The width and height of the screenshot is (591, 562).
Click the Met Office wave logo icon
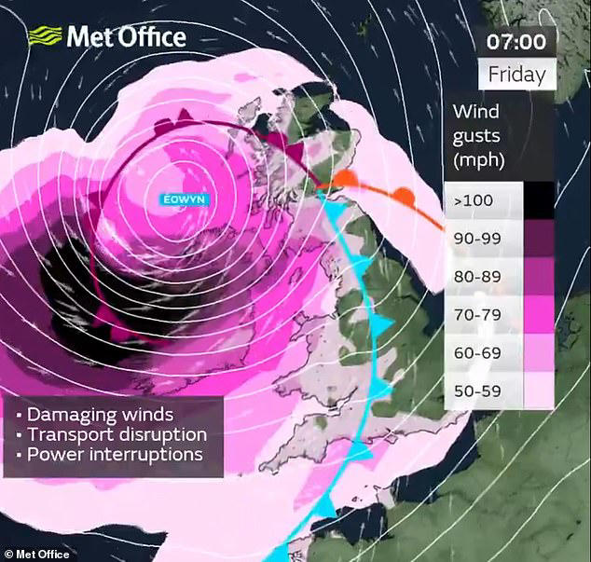pos(44,37)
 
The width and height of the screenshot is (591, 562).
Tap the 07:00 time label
pos(515,42)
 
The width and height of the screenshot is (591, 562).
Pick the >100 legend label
pos(473,200)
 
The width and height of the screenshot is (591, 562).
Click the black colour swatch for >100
pos(540,200)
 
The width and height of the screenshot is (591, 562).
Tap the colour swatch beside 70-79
pos(540,315)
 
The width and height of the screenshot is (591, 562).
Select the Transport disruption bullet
pos(112,434)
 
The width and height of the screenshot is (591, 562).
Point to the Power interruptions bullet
pos(110,455)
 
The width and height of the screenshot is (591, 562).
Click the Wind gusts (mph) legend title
pos(479,135)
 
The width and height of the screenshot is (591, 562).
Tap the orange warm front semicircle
pos(404,196)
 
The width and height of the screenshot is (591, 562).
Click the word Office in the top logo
pos(153,37)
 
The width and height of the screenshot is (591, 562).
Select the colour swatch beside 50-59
pos(540,391)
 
